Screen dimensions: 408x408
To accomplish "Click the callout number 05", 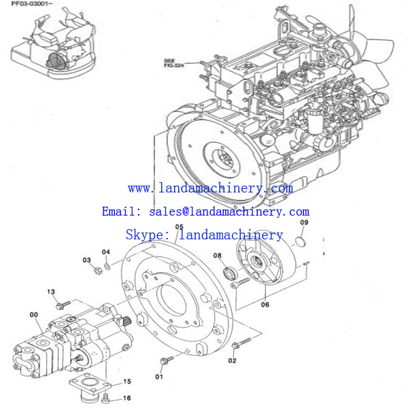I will (x=179, y=227).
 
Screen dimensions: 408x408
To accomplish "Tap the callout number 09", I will (x=304, y=223).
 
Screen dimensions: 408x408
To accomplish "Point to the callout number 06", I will (x=265, y=305).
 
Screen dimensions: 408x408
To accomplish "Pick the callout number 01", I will (x=159, y=376).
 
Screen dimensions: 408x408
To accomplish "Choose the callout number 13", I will (x=50, y=292).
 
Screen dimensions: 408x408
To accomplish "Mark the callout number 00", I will (x=34, y=314).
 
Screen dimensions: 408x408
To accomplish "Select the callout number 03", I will (x=86, y=260).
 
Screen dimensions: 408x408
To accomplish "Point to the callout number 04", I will (x=105, y=252).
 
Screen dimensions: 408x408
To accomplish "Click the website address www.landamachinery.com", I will (x=210, y=188).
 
